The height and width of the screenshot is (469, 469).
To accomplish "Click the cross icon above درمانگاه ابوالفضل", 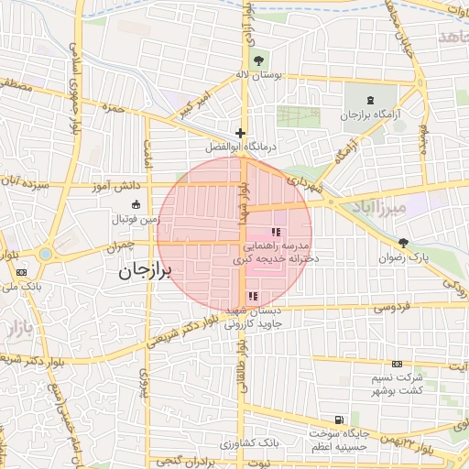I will click(x=240, y=133).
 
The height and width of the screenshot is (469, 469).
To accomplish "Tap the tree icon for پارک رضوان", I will click(x=404, y=243).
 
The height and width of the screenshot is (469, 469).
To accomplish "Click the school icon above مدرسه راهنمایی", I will click(x=276, y=232).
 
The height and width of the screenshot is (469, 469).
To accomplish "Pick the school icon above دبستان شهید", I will click(x=253, y=296).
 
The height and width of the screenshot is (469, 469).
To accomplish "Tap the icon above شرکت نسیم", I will click(x=397, y=364).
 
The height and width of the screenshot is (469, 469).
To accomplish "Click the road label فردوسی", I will click(x=391, y=306).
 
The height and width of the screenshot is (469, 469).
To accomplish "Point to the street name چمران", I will click(x=120, y=246).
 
